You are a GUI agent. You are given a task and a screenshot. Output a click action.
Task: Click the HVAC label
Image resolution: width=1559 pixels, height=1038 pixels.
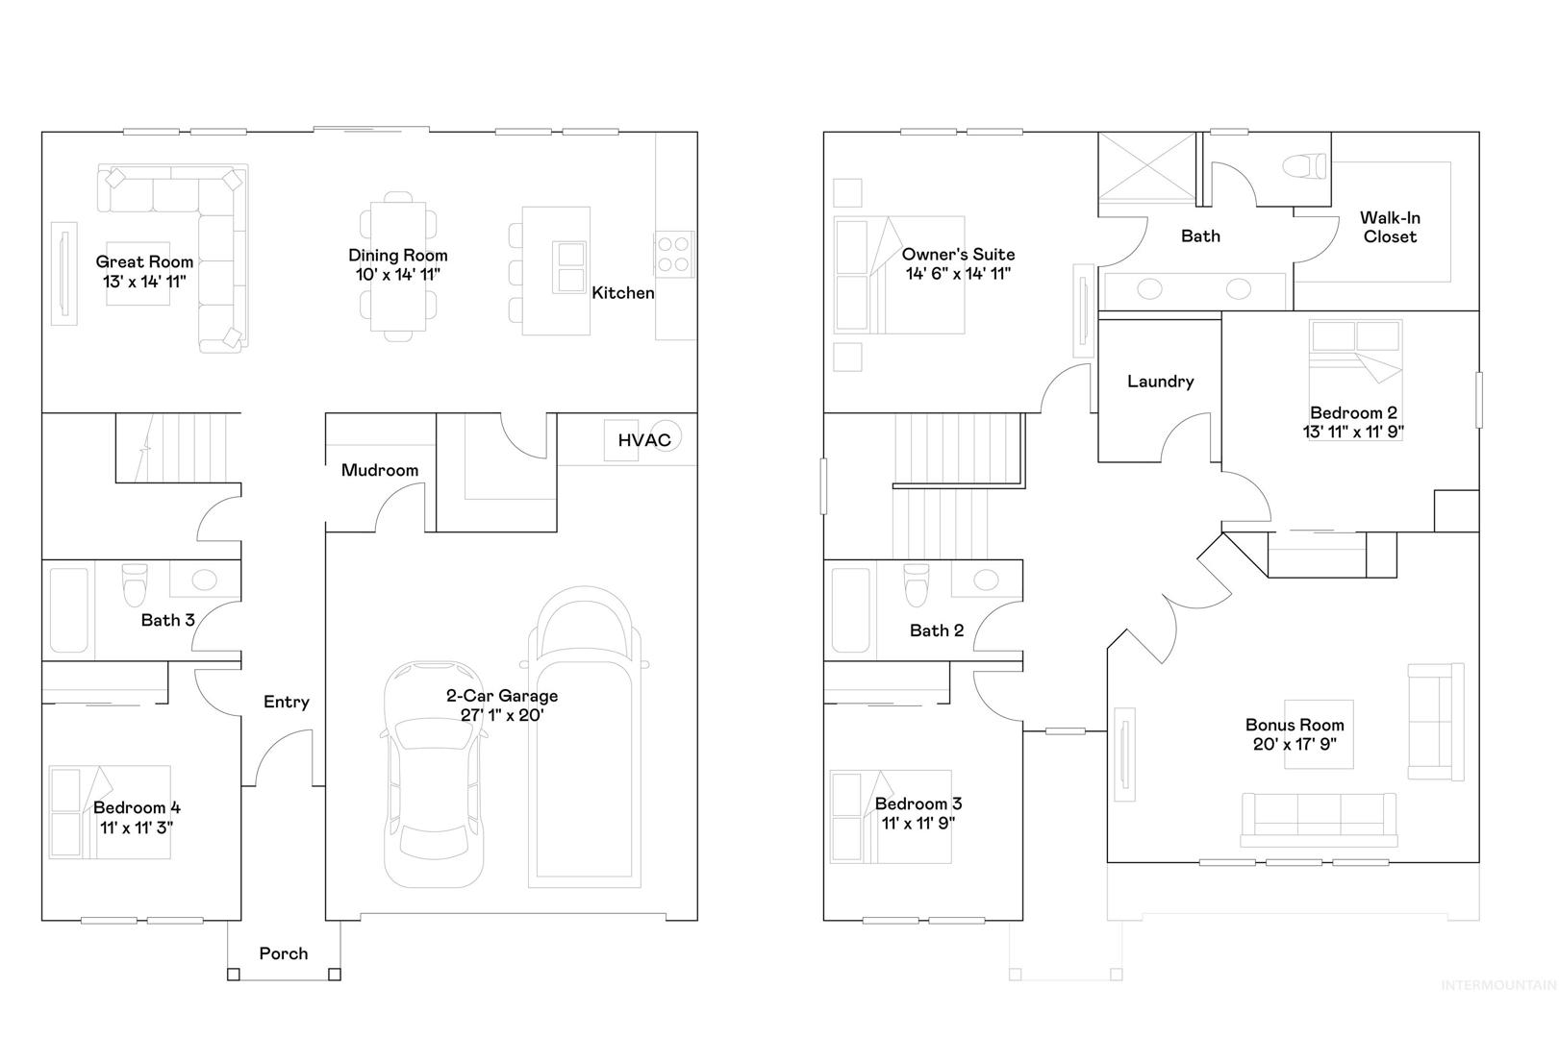coord(644,440)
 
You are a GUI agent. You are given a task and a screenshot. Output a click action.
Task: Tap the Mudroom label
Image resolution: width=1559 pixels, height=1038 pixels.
coord(380,470)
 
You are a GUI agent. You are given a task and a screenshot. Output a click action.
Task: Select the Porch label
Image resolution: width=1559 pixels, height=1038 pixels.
coord(284,953)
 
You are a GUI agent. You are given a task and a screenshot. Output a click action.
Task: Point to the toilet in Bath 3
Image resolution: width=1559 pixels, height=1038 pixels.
coord(135,583)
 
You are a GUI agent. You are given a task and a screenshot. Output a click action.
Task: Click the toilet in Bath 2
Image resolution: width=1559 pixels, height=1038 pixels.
coord(916,583)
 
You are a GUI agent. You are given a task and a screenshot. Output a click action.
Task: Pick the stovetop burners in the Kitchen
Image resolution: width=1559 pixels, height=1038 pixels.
coord(673,254)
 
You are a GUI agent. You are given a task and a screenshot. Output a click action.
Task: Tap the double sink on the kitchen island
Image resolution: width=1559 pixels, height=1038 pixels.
coord(570,267)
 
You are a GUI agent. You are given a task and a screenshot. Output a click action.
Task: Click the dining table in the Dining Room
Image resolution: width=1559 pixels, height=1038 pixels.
coord(398,266)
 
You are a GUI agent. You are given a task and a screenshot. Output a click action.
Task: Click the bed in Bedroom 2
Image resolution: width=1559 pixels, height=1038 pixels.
coord(1354,380)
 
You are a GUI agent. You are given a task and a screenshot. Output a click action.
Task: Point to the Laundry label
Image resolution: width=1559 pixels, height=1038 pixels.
coord(1160,382)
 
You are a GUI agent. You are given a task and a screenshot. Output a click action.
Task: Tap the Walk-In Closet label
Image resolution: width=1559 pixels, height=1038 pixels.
coord(1390,228)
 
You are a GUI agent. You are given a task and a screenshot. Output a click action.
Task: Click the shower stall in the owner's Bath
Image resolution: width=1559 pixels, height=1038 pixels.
coord(1147,167)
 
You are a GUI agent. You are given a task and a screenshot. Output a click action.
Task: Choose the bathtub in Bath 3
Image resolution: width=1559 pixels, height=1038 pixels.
coord(69,610)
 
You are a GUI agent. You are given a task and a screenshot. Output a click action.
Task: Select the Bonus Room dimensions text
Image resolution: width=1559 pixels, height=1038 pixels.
coord(1295,745)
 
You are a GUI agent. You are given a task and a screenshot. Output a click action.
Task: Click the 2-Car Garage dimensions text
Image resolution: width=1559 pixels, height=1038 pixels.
coord(502,715)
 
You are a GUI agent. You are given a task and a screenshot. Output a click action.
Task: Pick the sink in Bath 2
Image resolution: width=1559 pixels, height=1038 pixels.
coord(986,580)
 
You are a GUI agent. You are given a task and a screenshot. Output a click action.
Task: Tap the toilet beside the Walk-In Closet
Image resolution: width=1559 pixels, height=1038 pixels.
coord(1304,167)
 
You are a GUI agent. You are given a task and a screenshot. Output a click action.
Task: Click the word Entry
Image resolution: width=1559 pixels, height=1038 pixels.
coord(286,702)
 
